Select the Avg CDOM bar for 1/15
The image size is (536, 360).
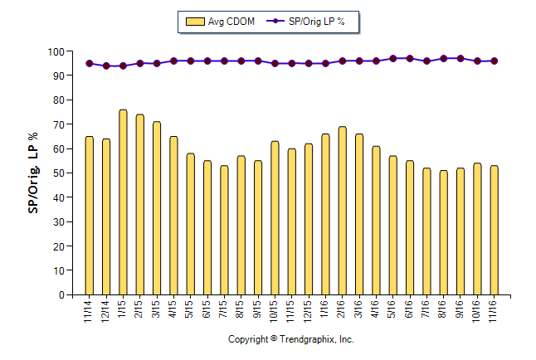coord(123,202)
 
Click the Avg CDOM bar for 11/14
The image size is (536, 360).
coord(89,216)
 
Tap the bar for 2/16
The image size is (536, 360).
coord(342,211)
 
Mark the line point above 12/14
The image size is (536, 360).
coord(106,66)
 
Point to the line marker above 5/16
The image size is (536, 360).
coord(392,59)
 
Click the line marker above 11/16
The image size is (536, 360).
coord(494,61)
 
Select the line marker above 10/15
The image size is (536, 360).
coord(275,63)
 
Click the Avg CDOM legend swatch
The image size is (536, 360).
coord(197,22)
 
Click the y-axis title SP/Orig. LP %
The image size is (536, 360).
coord(33,173)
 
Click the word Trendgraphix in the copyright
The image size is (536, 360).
coord(307,339)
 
